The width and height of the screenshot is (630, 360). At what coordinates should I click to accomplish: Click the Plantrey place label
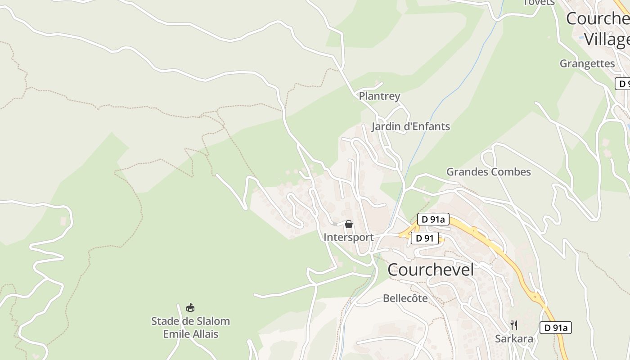click(379, 96)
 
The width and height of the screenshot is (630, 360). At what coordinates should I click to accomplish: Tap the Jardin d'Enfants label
click(410, 126)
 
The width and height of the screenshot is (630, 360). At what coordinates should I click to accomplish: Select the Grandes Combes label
click(488, 172)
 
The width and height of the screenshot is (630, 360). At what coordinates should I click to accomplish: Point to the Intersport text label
click(348, 237)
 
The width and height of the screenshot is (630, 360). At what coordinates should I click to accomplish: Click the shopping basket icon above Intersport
click(349, 224)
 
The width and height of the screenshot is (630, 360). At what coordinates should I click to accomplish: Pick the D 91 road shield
click(424, 238)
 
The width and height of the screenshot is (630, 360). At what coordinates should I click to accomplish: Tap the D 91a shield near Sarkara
click(555, 328)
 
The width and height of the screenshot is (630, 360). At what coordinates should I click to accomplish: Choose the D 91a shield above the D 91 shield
click(433, 219)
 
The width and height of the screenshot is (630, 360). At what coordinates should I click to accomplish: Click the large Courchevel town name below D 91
click(431, 270)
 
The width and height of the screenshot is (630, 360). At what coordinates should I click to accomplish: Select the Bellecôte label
click(405, 298)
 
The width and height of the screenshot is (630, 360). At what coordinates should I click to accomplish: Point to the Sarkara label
click(514, 339)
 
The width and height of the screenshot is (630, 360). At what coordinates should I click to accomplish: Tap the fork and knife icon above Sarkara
click(514, 325)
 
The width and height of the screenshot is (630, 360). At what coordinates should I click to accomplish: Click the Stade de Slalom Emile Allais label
click(190, 328)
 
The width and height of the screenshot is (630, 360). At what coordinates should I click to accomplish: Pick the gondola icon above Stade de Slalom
click(190, 308)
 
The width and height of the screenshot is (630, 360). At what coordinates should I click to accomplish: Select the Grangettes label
click(587, 63)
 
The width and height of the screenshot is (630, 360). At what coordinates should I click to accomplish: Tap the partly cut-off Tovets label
click(539, 3)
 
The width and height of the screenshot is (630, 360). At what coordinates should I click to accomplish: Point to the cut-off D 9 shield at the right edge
click(623, 84)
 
